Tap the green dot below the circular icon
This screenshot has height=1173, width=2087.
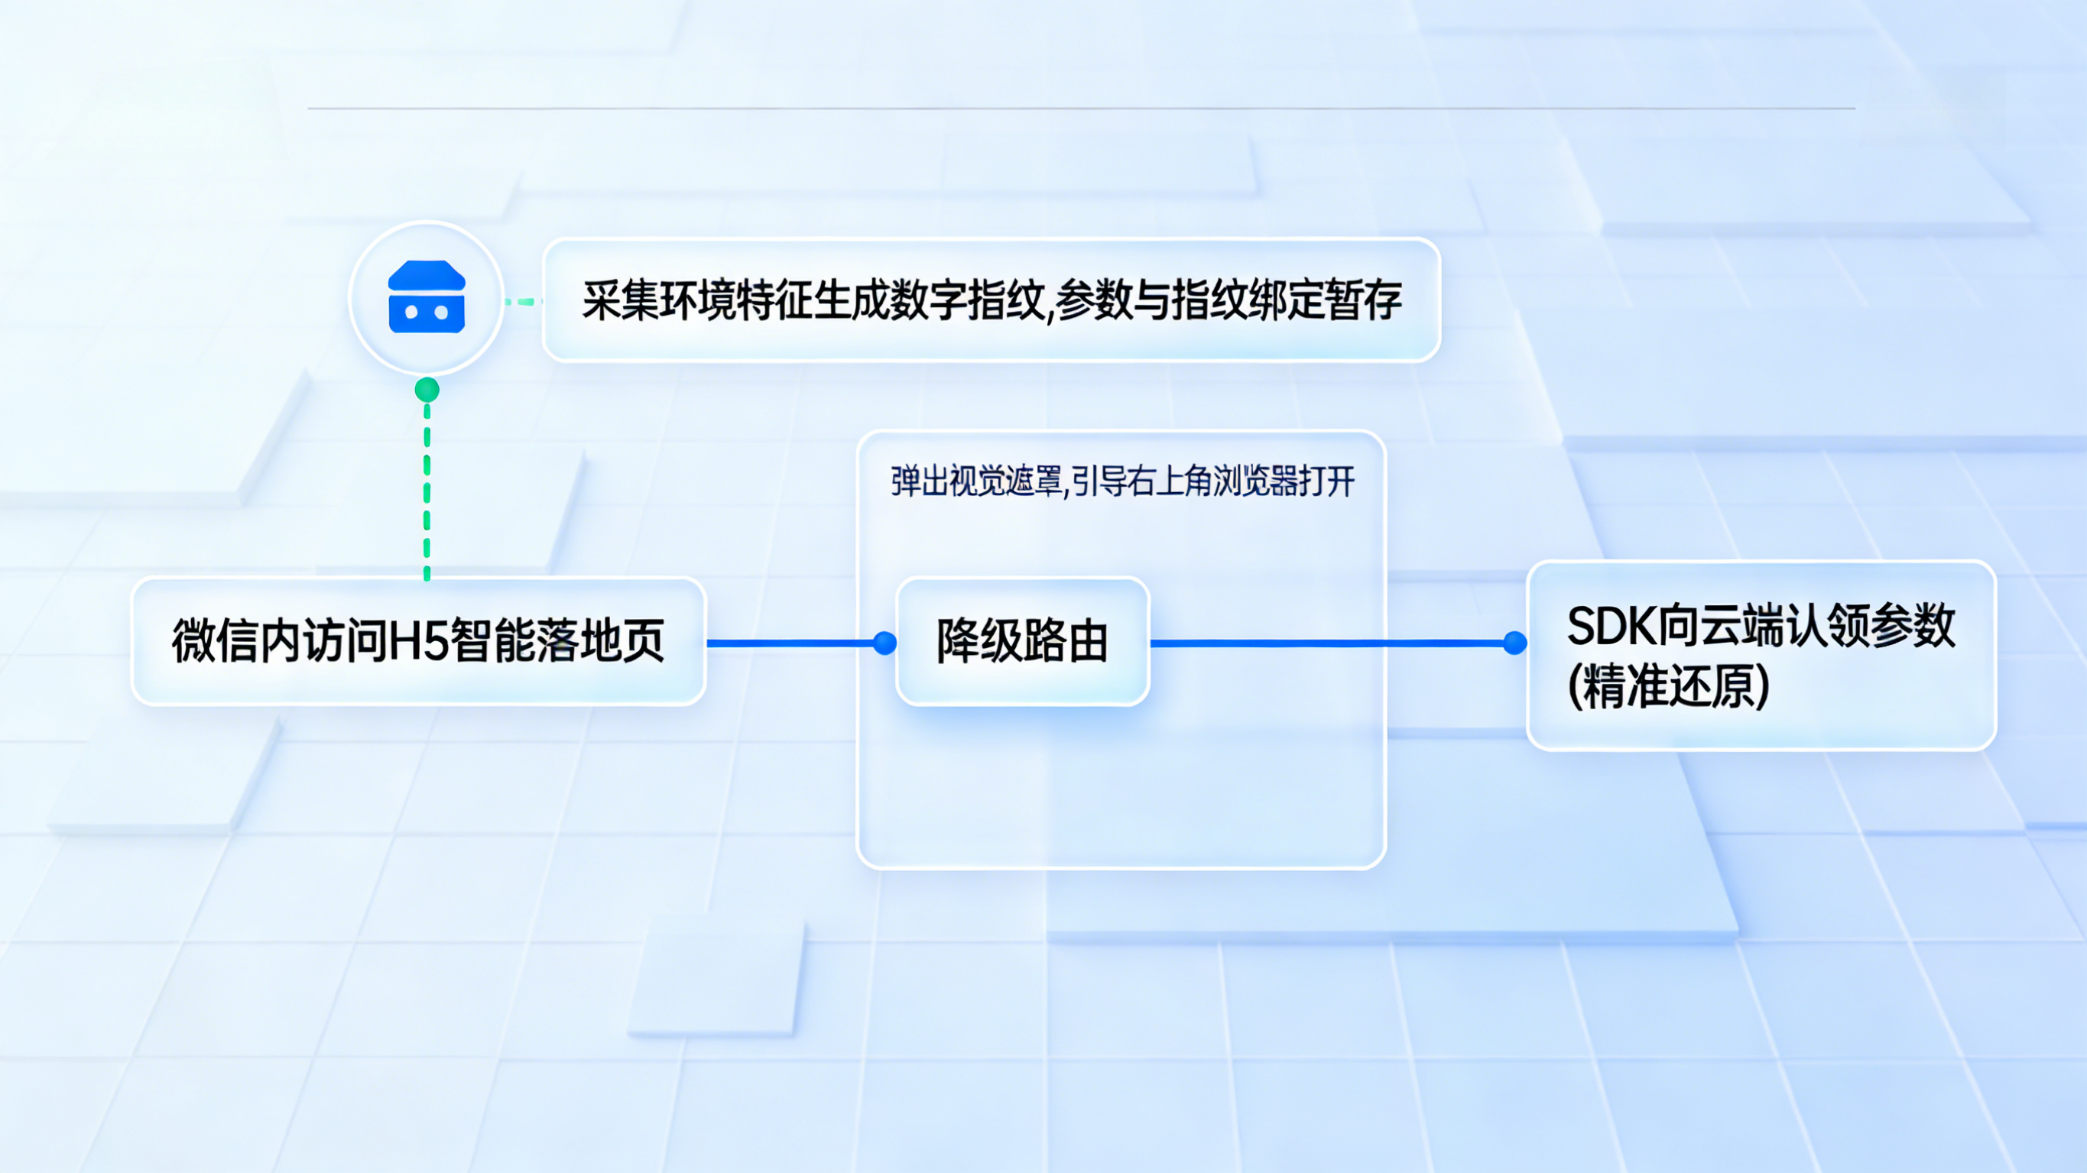pos(427,390)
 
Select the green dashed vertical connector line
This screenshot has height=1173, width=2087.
pos(427,491)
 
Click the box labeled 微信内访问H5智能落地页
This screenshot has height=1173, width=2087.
pos(419,641)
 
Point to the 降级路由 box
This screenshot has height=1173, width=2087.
pos(1022,641)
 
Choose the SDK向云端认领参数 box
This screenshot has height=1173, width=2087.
pos(1761,656)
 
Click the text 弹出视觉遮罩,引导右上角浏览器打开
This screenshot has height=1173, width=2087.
pos(1123,481)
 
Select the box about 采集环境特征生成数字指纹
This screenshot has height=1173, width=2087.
pos(992,300)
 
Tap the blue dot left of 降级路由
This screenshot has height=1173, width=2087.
pos(884,643)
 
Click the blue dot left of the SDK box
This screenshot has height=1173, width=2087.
pos(1515,643)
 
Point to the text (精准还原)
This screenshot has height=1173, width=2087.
pos(1669,686)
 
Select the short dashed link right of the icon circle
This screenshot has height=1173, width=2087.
pos(524,301)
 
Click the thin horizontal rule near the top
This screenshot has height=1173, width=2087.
pos(1081,108)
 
